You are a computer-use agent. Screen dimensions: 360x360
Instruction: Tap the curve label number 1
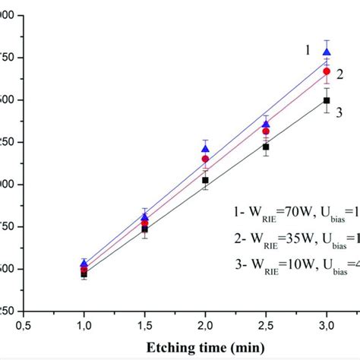pyautogui.click(x=308, y=50)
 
